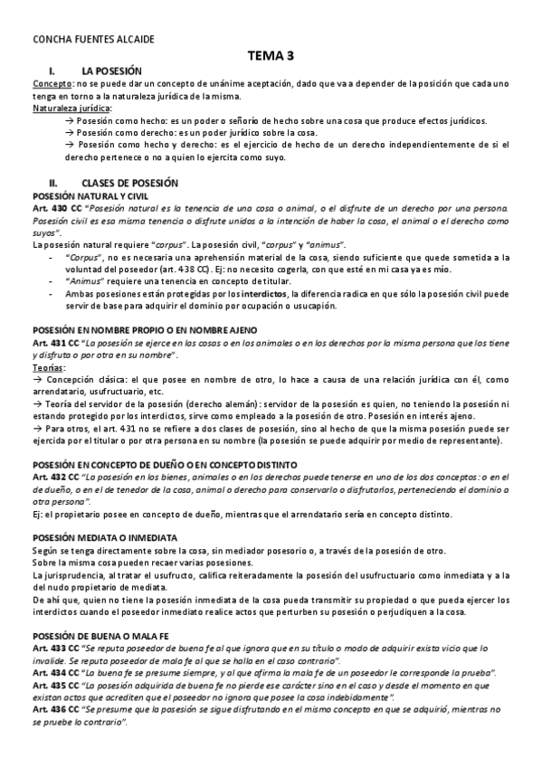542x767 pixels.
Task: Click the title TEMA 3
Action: pos(271,56)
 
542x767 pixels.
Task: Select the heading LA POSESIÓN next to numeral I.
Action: pos(112,70)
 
